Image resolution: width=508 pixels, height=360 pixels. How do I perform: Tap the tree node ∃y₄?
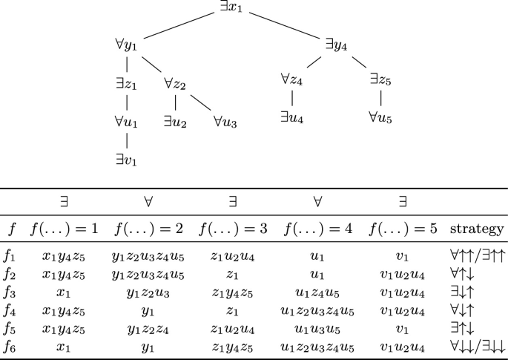click(336, 45)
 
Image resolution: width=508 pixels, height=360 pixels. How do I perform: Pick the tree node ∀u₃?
click(225, 120)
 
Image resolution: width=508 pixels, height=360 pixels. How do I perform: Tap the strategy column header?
click(476, 229)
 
